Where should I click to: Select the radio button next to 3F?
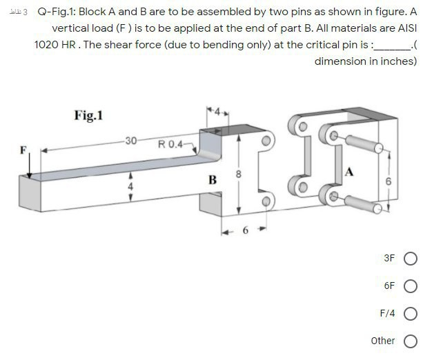(411, 259)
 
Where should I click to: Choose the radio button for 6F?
(411, 286)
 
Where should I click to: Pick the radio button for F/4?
(411, 314)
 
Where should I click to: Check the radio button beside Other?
(411, 341)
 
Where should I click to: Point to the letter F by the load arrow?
(23, 148)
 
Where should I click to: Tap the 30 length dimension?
(130, 141)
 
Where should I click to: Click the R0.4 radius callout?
(170, 145)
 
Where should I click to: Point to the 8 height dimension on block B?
(239, 174)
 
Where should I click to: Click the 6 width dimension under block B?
(244, 230)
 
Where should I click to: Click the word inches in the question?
(399, 61)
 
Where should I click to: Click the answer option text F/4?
(387, 313)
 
